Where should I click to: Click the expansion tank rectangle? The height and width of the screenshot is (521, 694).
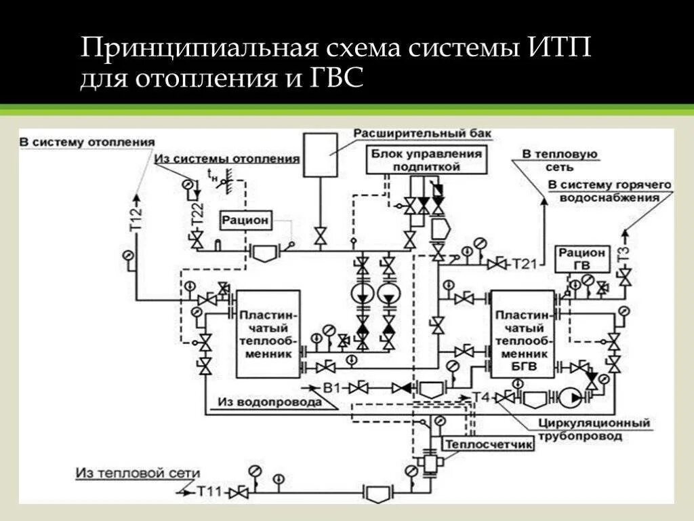coord(321,155)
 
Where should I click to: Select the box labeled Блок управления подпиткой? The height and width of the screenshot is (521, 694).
coord(426,160)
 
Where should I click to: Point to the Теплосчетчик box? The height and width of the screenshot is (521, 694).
coord(488,444)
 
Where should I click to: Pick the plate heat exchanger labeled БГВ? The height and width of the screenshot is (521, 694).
coord(522,334)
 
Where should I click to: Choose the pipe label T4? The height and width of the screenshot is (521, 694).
coord(481,397)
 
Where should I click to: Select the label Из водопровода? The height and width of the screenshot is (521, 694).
coord(269,402)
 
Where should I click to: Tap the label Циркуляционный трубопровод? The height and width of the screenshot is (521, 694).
coord(594,430)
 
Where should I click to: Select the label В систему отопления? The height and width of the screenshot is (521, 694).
coord(87,142)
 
